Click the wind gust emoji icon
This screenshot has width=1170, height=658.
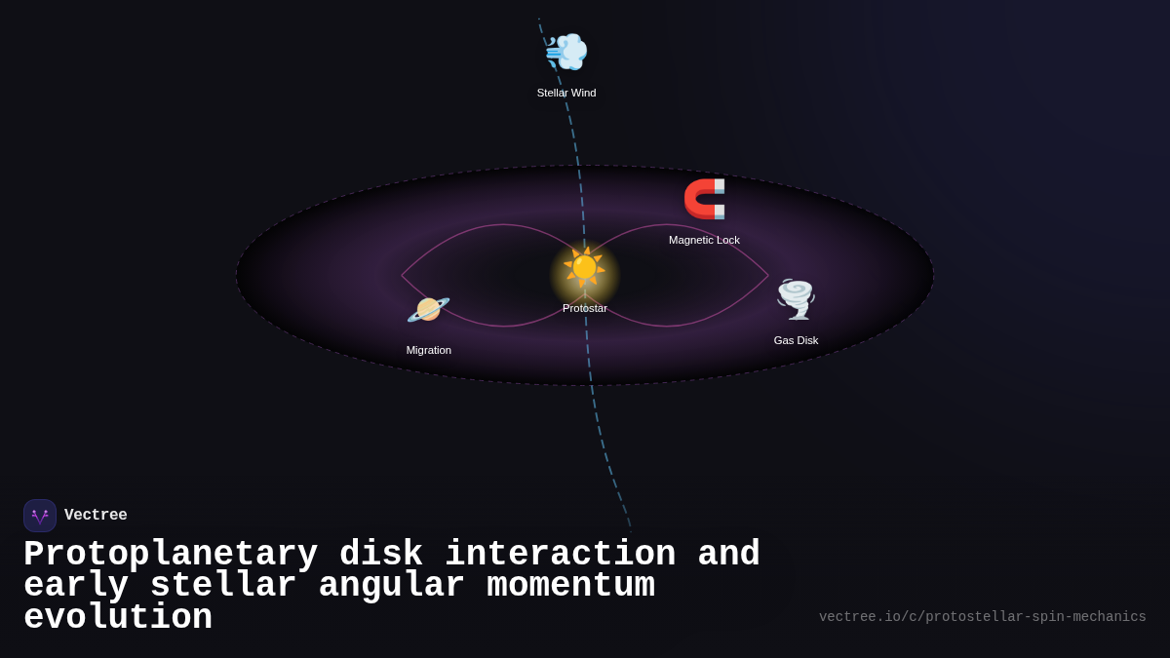[566, 52]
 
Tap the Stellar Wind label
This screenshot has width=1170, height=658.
[566, 93]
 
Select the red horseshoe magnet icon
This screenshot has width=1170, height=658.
[704, 199]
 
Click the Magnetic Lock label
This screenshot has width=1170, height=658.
[704, 240]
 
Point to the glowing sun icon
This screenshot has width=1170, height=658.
[584, 267]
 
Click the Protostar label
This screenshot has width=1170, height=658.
[585, 308]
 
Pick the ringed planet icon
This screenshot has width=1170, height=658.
[428, 309]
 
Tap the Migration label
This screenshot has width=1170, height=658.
[429, 350]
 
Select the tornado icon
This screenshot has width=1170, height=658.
[796, 299]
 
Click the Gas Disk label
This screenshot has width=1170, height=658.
[796, 340]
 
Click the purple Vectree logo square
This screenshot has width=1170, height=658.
[40, 516]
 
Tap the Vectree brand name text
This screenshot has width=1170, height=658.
[96, 516]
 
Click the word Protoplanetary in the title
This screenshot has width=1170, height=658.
[171, 555]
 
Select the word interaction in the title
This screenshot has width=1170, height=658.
[560, 555]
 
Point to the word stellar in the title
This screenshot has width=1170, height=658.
[223, 586]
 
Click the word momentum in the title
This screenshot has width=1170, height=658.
[570, 586]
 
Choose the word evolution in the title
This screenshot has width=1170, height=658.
[118, 618]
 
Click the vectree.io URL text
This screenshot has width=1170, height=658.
[982, 617]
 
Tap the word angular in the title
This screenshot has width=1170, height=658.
[391, 586]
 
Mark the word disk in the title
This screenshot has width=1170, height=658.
[381, 555]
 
